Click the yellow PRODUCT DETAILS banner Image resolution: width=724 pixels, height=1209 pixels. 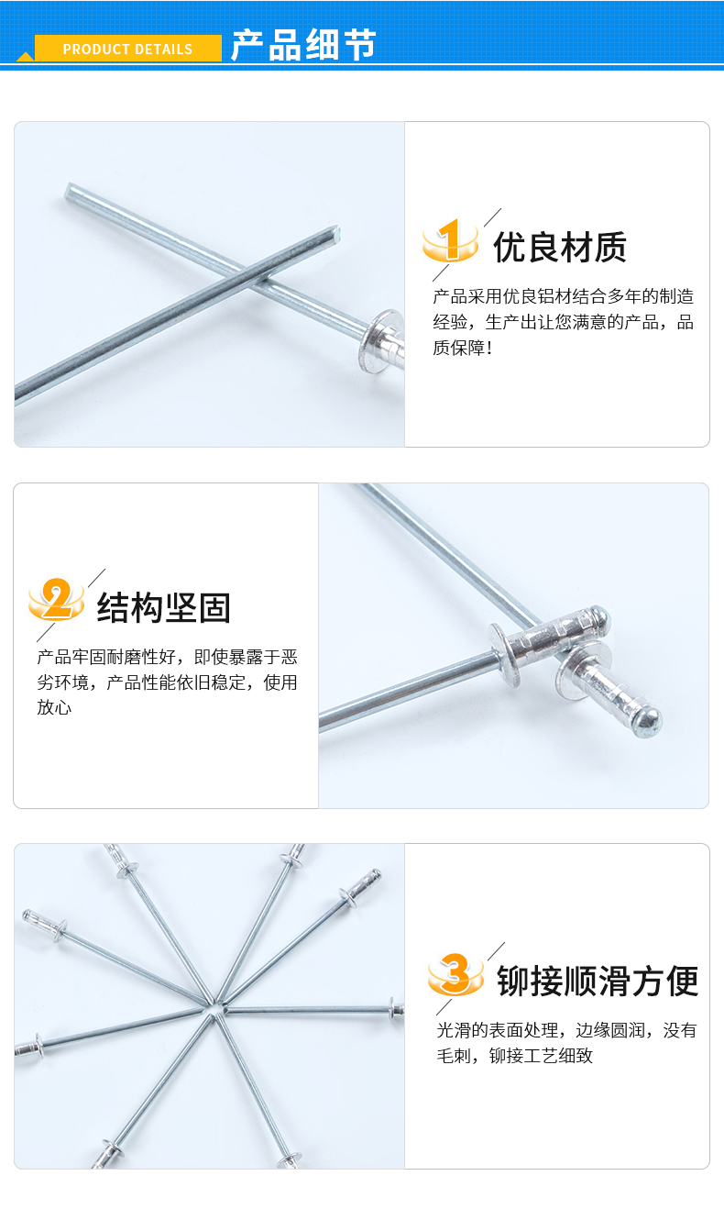pos(128,49)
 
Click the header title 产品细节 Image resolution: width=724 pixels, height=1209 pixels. pos(303,45)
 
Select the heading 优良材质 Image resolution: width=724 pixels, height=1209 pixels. pos(560,247)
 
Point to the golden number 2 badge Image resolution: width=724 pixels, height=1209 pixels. pos(56,599)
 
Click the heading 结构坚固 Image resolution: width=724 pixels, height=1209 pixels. pos(164,607)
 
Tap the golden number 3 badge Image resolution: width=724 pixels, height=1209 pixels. pos(455,973)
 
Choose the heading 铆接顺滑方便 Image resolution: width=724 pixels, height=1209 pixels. pos(598,981)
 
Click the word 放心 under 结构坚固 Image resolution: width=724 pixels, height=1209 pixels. pos(54,707)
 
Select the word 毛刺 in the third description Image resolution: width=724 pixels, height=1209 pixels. pos(454,1055)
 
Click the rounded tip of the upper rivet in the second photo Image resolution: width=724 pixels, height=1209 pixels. pos(600,616)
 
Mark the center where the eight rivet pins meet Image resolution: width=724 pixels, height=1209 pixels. pos(215,1008)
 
